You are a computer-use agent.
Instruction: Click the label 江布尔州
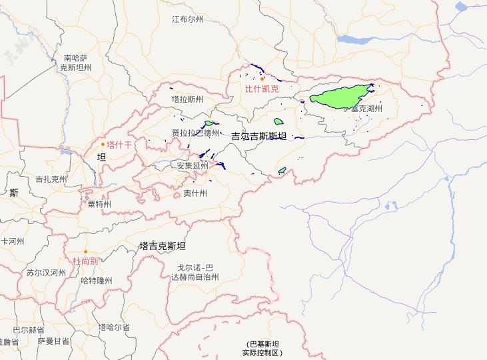(x=187, y=19)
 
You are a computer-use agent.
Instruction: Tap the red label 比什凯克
(x=262, y=88)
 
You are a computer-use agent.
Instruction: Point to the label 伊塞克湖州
(x=363, y=108)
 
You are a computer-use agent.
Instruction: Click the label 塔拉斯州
(x=187, y=99)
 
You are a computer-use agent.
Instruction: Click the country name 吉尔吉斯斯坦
(x=258, y=136)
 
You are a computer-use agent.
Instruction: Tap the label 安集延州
(x=193, y=165)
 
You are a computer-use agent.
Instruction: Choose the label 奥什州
(x=195, y=193)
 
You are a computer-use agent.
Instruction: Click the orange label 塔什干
(x=119, y=144)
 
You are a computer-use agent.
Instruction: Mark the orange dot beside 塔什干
(x=103, y=144)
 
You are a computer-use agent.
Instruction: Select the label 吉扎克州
(x=51, y=179)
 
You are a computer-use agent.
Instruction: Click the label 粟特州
(x=99, y=204)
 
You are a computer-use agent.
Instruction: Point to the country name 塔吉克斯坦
(x=163, y=246)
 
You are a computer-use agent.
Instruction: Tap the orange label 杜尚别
(x=85, y=261)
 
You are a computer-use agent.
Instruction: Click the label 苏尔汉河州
(x=46, y=273)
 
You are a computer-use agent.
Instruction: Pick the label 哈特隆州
(x=96, y=281)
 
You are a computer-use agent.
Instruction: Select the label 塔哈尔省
(x=114, y=327)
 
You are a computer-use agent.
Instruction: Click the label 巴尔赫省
(x=29, y=330)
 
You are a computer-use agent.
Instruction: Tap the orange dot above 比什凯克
(x=262, y=79)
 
